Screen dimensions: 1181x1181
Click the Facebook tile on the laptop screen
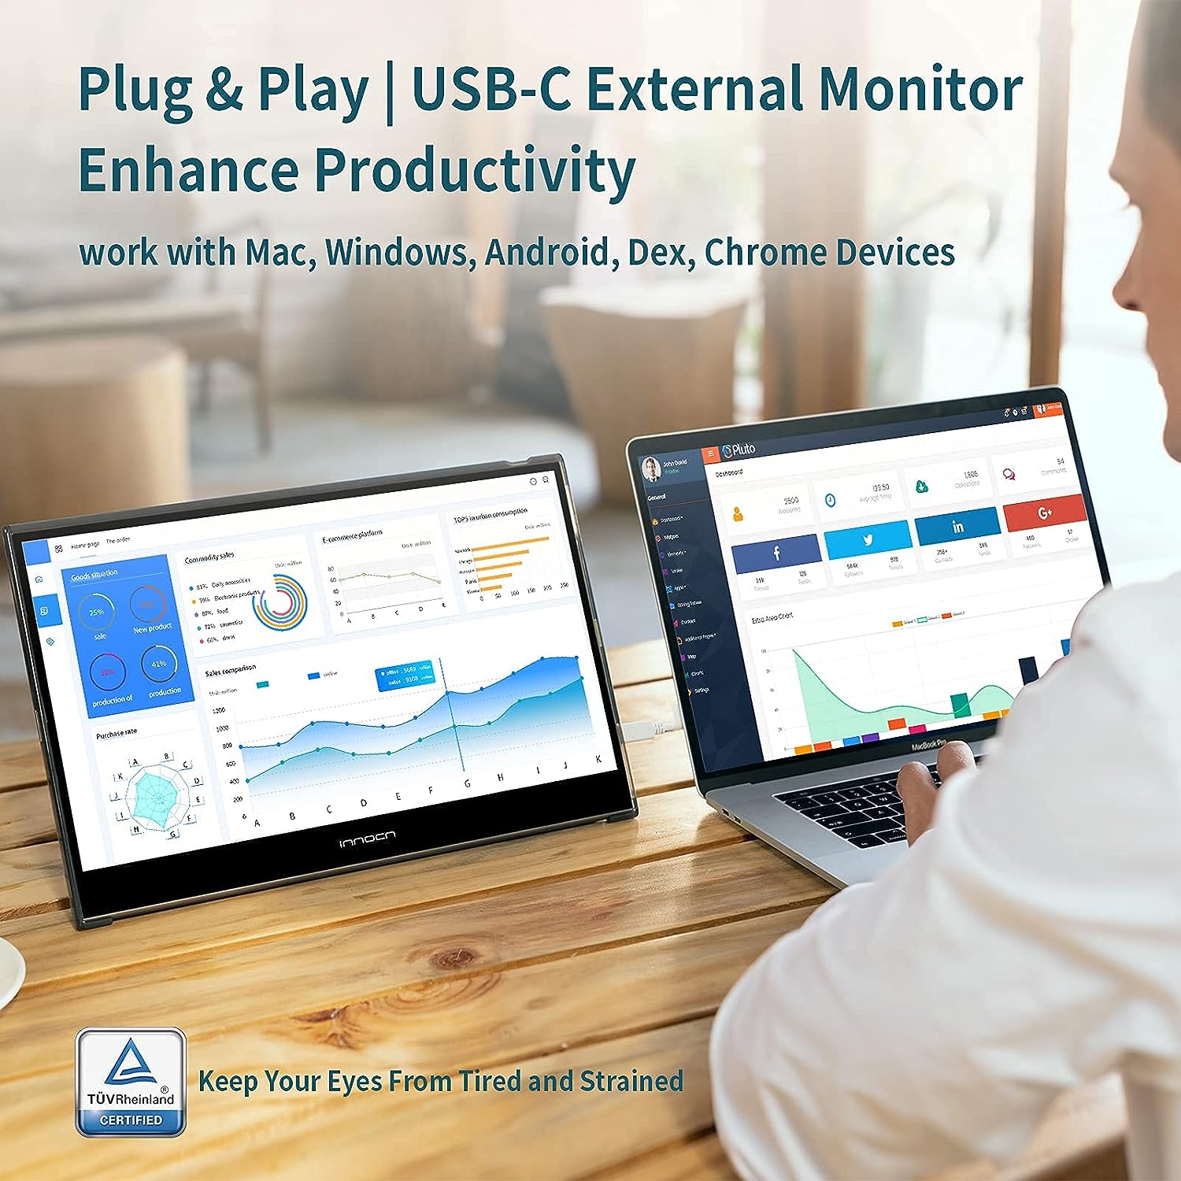tap(776, 553)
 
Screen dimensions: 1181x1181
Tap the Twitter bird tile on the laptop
tap(868, 540)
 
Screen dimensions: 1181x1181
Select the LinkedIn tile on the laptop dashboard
tap(957, 526)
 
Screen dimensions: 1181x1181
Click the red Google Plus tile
tap(1045, 513)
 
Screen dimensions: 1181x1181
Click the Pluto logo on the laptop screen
tap(739, 450)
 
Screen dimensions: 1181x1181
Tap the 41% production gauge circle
tap(159, 665)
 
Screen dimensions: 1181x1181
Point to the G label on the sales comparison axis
tap(467, 784)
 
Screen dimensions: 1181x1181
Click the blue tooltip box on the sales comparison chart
tap(405, 676)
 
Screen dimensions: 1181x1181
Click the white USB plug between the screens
tap(639, 729)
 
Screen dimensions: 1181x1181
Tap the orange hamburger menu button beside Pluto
tap(712, 454)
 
